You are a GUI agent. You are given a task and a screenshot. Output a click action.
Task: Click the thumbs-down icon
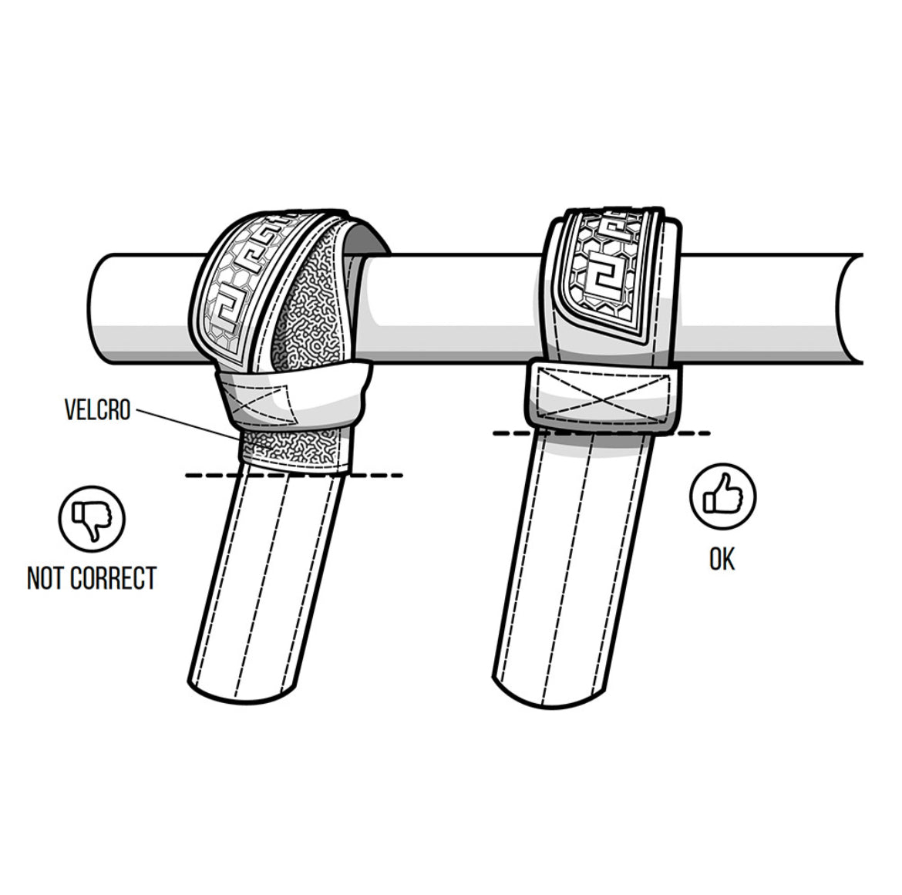tap(92, 519)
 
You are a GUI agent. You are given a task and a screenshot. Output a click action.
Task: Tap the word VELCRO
tap(98, 409)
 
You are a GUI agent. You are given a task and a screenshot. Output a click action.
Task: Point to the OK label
tap(722, 559)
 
